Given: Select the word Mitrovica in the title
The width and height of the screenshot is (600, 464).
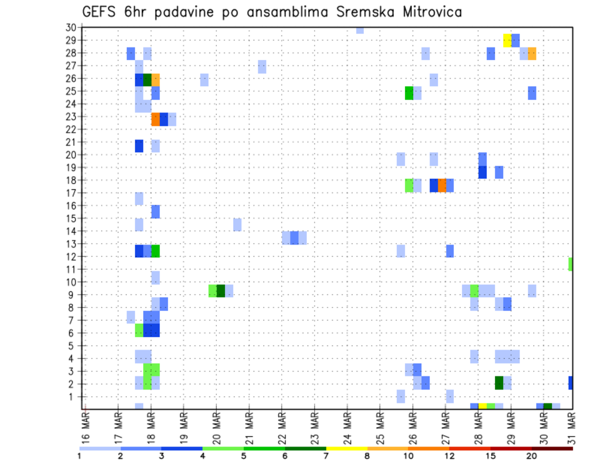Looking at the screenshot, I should (x=427, y=12).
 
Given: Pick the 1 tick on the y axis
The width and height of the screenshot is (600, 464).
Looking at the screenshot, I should (x=73, y=396).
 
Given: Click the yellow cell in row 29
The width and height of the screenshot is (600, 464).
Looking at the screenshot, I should (x=507, y=40).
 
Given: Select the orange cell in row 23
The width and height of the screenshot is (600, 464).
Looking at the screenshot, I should (x=156, y=119).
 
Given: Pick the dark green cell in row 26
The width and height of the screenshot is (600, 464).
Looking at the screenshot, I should (x=147, y=79).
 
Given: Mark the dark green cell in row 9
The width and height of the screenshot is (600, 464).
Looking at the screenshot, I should (x=221, y=291).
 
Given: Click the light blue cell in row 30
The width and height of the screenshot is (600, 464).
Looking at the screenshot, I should (x=360, y=29).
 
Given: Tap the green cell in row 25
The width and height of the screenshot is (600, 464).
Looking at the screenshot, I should (x=409, y=93).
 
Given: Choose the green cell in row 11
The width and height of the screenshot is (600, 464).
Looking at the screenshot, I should (x=571, y=264).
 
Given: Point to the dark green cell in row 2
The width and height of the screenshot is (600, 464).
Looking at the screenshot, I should (x=499, y=382).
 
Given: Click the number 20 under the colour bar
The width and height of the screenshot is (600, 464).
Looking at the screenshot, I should (x=531, y=455).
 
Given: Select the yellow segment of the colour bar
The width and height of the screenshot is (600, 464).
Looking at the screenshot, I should (x=347, y=448).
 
